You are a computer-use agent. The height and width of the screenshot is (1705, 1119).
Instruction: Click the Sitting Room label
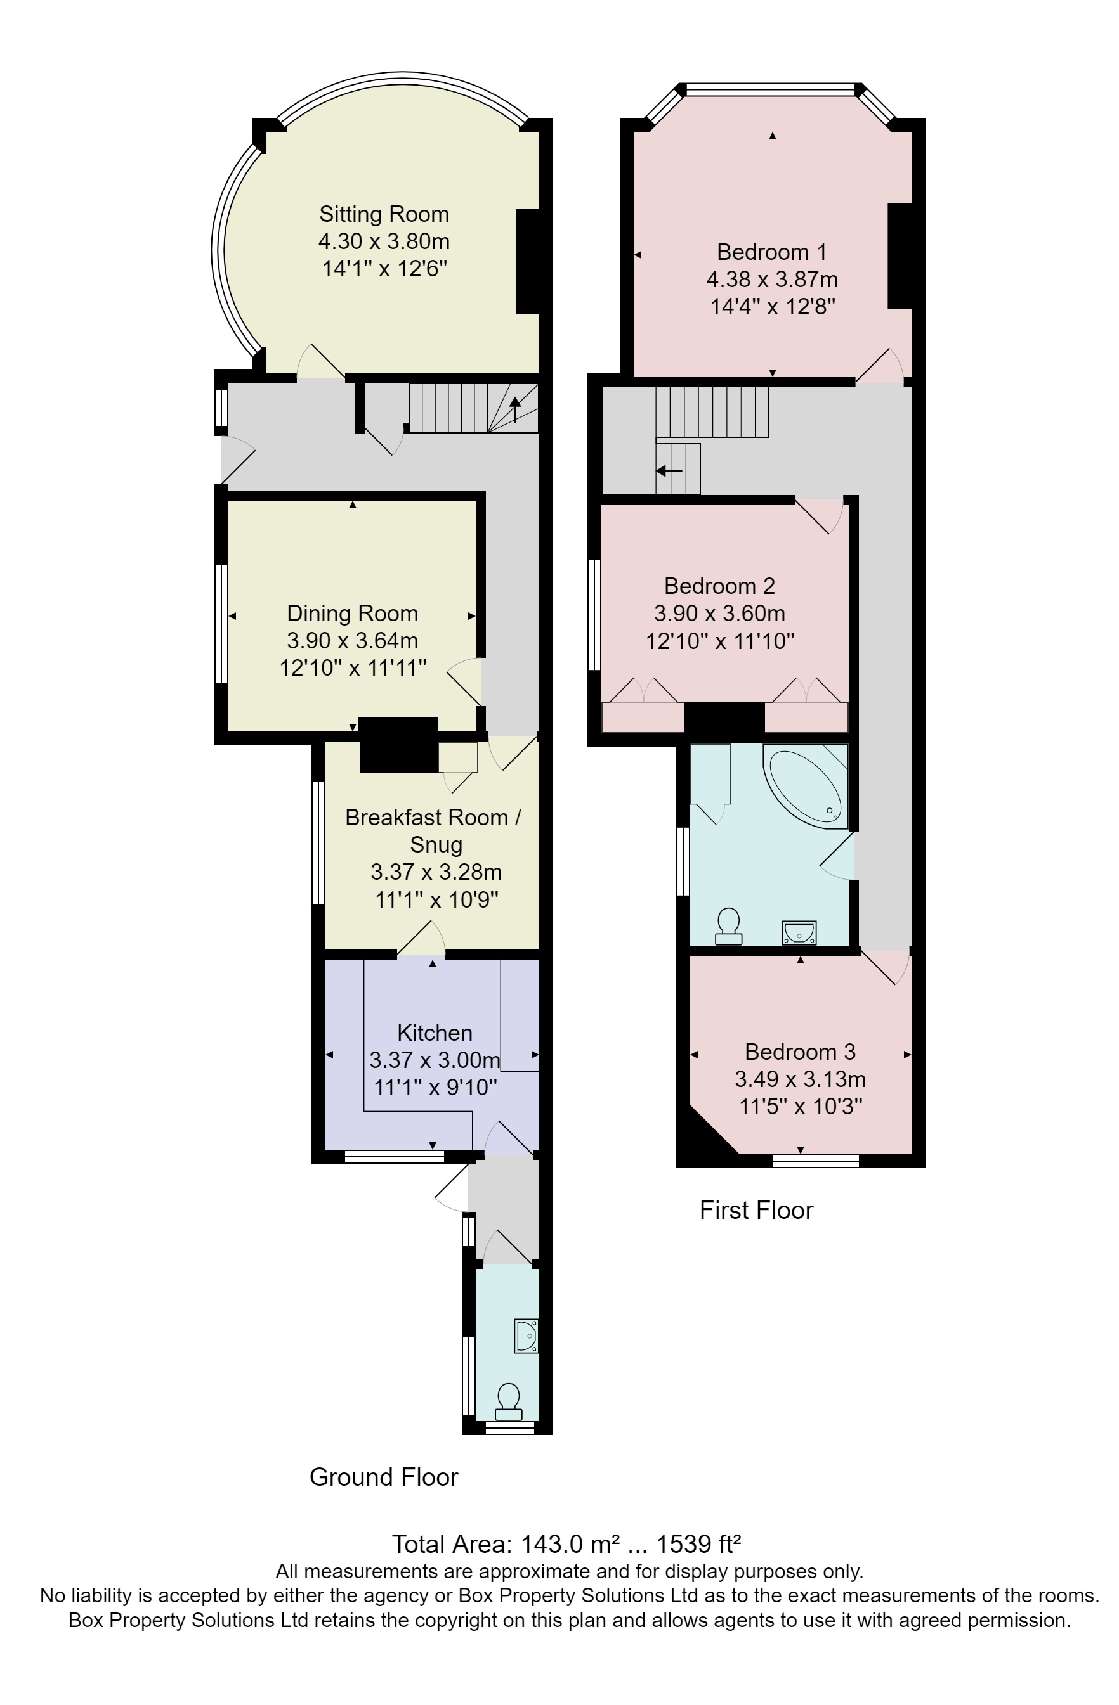pos(384,214)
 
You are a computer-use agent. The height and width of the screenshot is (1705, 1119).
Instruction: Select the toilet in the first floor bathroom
pos(728,925)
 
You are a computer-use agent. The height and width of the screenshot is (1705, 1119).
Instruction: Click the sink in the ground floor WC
pos(525,1335)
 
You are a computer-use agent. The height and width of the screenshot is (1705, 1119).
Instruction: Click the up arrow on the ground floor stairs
pos(514,410)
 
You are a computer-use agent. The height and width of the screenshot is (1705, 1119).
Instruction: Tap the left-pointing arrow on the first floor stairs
pos(668,471)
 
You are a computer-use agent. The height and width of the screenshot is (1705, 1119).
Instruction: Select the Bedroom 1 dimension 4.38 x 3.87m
pos(771,280)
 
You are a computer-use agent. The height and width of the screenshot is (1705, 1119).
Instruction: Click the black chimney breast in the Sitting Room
pos(527,262)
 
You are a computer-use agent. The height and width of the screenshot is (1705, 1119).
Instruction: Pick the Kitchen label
pos(434,1033)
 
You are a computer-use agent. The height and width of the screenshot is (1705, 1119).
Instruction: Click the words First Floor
pos(756,1210)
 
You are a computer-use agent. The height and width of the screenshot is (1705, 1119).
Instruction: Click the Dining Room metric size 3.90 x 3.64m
pos(352,640)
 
